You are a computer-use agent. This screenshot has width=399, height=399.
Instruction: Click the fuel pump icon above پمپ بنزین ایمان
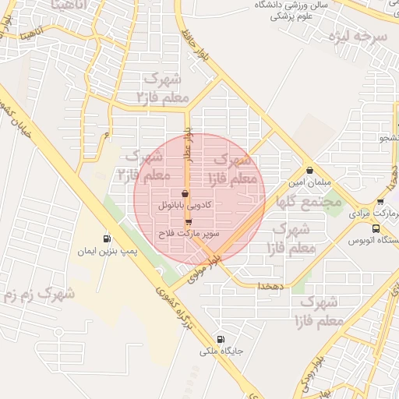pos(107,238)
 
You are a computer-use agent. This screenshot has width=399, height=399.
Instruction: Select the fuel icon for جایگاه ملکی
pos(221,339)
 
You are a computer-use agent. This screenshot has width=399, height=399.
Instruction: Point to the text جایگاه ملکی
pos(222,351)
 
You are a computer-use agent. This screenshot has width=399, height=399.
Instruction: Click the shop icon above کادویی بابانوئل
pos(185,193)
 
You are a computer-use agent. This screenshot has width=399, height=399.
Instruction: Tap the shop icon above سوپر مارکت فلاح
pos(189,221)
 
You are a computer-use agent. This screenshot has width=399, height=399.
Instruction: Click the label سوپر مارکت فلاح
pos(189,233)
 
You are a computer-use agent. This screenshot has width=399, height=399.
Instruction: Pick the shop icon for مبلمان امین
pos(310,171)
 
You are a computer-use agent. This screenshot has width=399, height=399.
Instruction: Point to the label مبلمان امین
pos(310,183)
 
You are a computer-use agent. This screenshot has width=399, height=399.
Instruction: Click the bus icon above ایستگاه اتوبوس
pos(376,228)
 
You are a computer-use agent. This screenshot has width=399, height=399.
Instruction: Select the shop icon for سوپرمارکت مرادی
pos(380,200)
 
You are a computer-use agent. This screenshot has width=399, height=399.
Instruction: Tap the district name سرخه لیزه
pos(358,36)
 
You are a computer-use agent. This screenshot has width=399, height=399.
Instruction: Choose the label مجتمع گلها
pos(309,201)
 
